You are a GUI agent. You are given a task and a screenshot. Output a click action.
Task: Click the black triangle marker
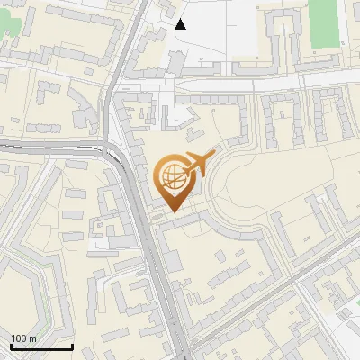(x=181, y=24)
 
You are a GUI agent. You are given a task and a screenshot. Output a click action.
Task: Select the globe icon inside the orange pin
(x=173, y=175)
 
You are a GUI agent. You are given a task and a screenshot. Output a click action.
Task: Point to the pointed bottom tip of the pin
(x=174, y=212)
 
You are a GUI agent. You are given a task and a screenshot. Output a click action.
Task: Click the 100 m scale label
(x=24, y=338)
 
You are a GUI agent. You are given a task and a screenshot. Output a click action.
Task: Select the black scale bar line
(x=41, y=346)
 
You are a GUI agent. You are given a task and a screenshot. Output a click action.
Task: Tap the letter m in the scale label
(x=34, y=338)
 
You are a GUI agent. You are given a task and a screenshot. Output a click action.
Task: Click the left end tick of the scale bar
(x=11, y=345)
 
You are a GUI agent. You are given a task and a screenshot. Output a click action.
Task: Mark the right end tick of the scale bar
(x=72, y=345)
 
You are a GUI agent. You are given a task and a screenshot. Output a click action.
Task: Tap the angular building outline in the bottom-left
(x=27, y=288)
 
